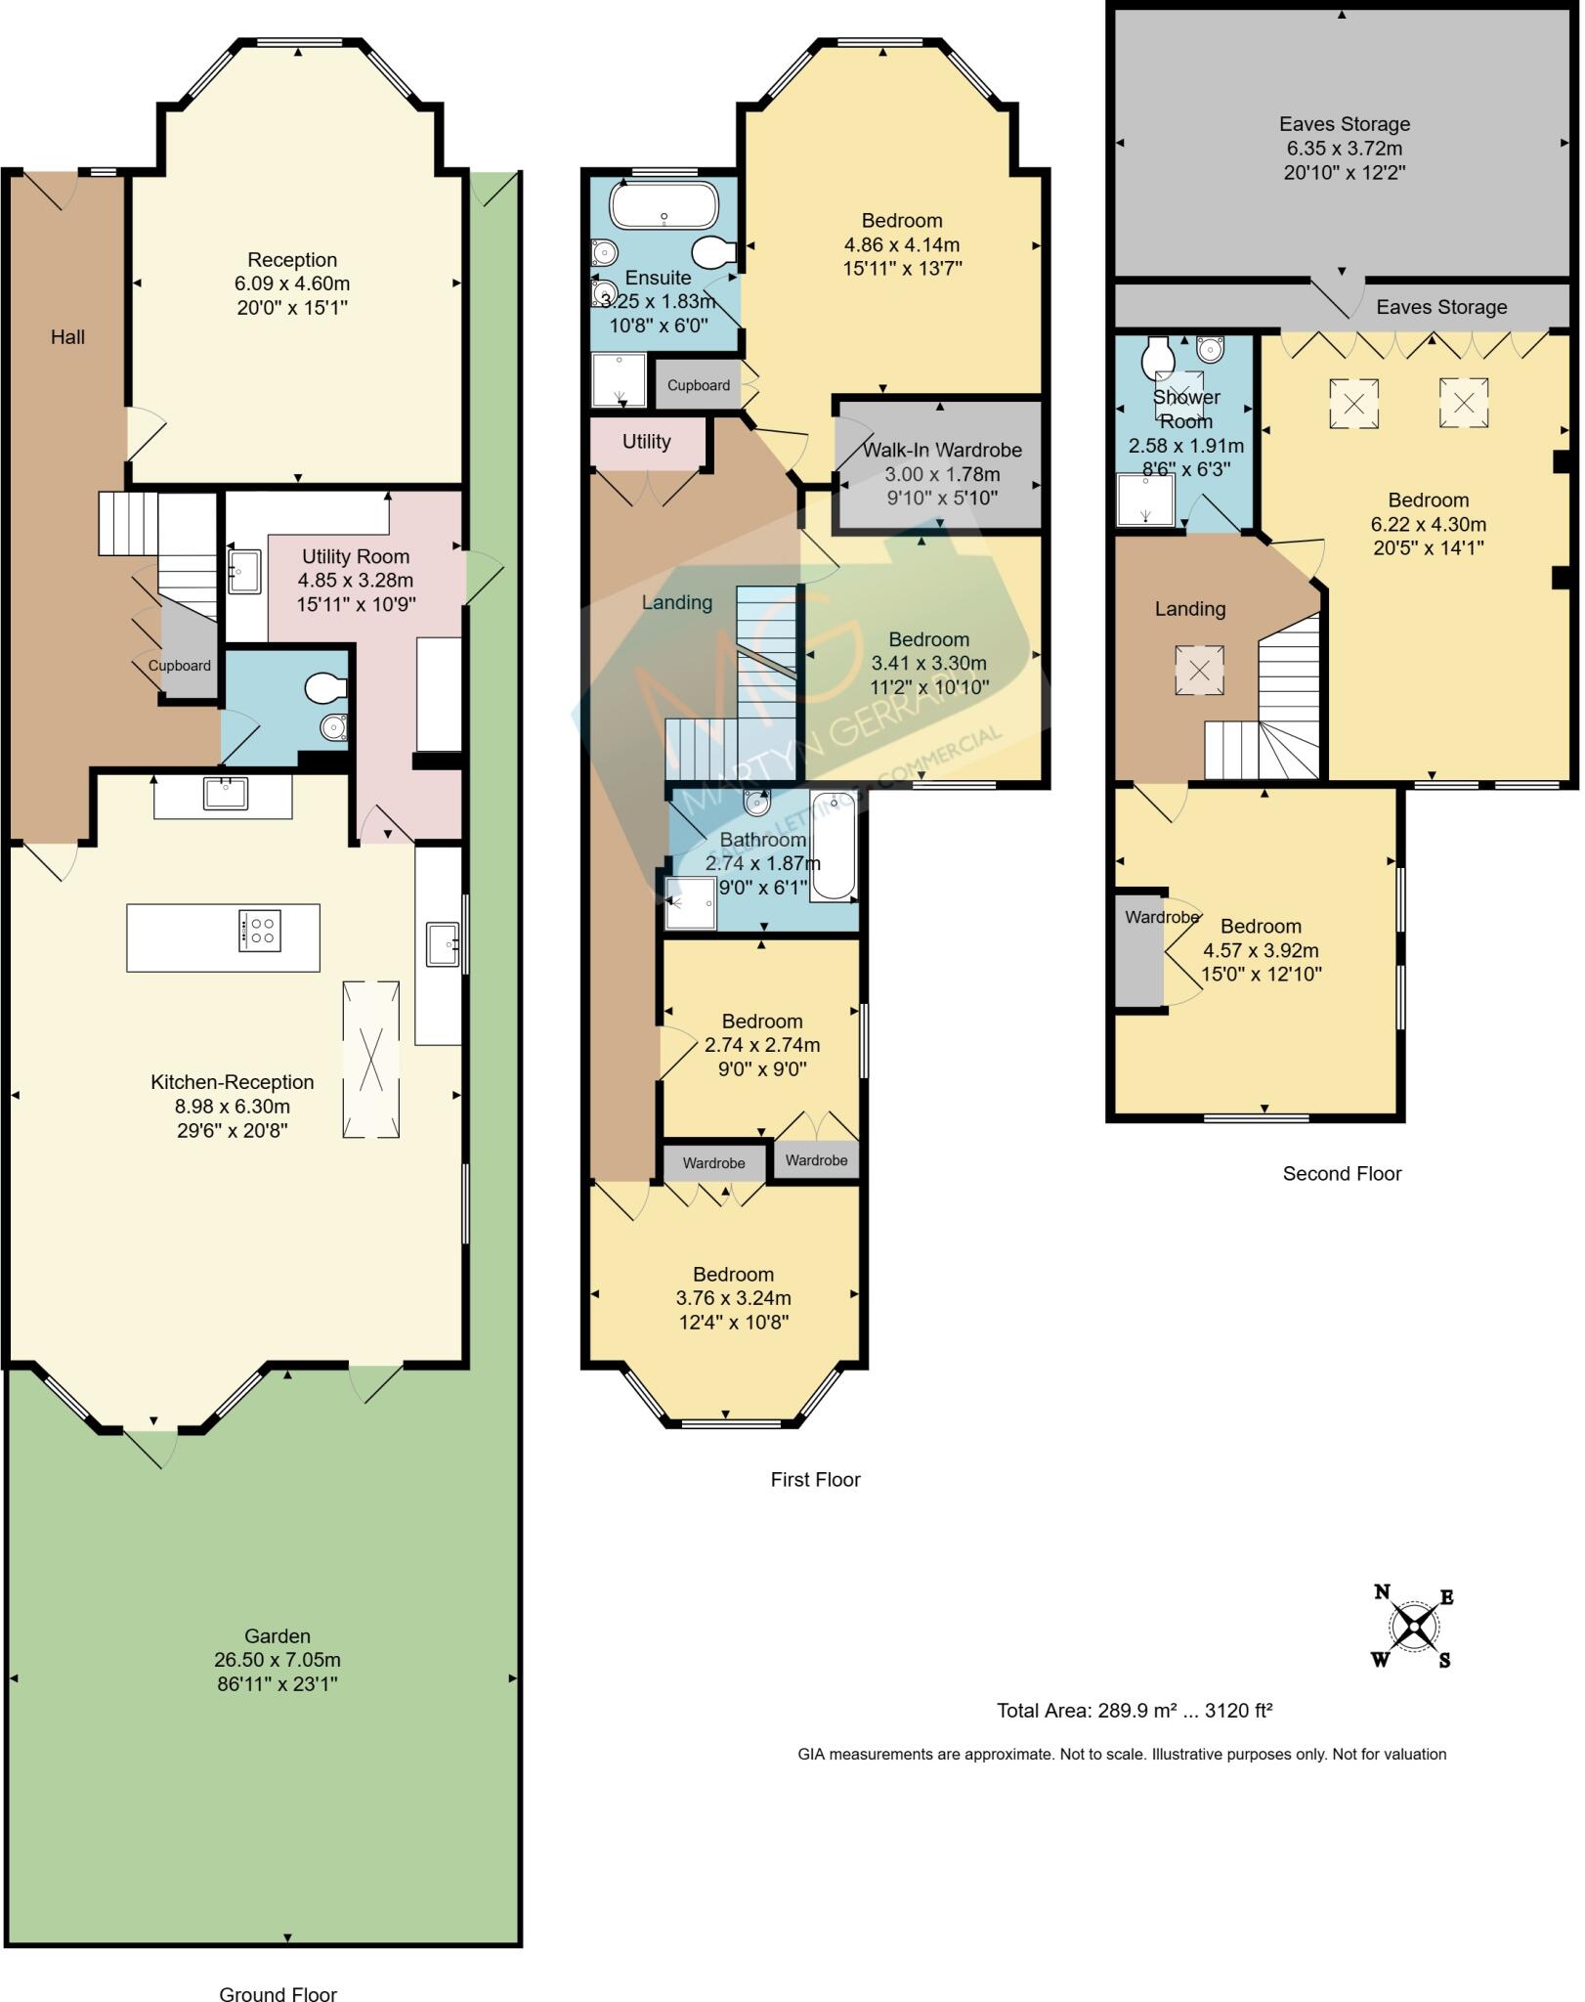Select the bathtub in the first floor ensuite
(x=664, y=206)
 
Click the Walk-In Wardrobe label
(x=942, y=451)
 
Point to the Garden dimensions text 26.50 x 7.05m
(x=278, y=1660)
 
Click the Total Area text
(x=1134, y=1711)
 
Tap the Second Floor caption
(x=1342, y=1174)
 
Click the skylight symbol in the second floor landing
(x=1199, y=670)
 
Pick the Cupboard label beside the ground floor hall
(x=179, y=666)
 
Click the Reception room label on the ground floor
(x=292, y=260)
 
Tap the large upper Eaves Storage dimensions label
(x=1345, y=149)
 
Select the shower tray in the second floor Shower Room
(x=1145, y=500)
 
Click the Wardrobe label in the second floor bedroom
(x=1161, y=917)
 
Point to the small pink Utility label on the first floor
(x=646, y=442)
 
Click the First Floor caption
(x=815, y=1480)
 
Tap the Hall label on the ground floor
(x=67, y=337)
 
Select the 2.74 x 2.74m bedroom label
(x=762, y=1045)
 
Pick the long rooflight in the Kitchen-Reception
(x=370, y=1060)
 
